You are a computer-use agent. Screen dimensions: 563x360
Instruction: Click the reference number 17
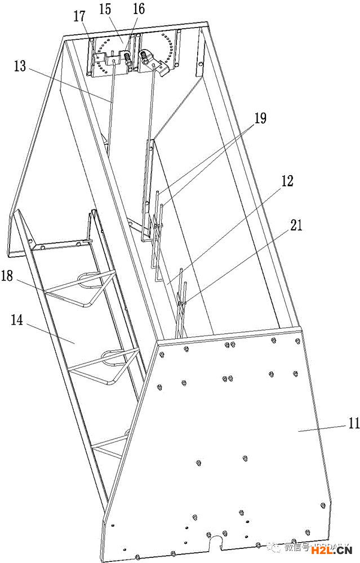point(79,16)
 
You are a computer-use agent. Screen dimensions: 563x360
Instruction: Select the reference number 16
point(138,9)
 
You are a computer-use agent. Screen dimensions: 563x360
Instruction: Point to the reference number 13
point(20,66)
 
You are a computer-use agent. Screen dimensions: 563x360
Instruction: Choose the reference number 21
point(297,226)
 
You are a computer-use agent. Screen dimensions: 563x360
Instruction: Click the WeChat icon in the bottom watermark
point(274,546)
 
